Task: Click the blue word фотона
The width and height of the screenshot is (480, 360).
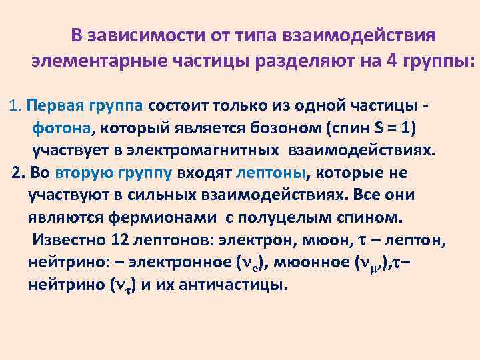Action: pyautogui.click(x=58, y=128)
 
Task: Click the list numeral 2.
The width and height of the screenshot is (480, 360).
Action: pyautogui.click(x=18, y=173)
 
